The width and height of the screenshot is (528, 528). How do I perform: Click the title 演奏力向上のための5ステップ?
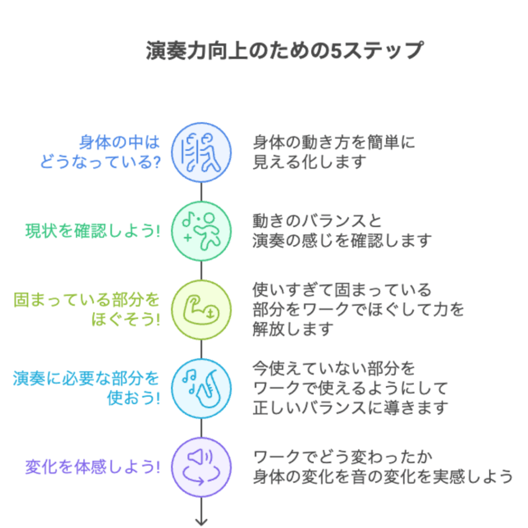pos(284,52)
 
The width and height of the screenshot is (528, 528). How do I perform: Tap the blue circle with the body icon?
pos(201,153)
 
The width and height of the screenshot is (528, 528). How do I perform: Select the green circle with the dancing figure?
pos(201,232)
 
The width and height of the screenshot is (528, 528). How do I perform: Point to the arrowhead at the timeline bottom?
pos(201,521)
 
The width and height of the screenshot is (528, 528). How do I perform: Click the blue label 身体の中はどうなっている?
pos(100,153)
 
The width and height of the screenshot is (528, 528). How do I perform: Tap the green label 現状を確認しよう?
pos(93,232)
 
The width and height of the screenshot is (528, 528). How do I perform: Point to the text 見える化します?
pos(309,162)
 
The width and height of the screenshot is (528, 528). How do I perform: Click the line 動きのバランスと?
pos(317,222)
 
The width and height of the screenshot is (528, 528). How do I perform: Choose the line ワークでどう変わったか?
pos(342,457)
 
